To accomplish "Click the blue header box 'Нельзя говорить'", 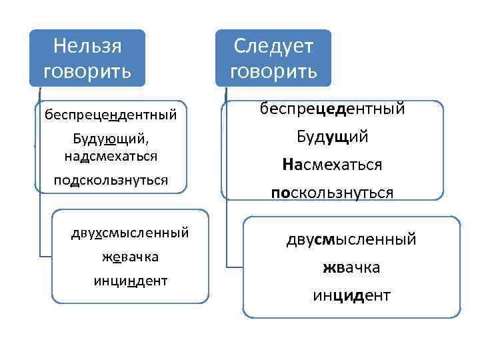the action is [87, 58].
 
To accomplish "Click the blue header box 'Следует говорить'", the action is [273, 58].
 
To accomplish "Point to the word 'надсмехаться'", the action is [111, 156].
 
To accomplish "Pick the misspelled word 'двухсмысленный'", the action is [130, 233].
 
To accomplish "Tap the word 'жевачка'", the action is [130, 257].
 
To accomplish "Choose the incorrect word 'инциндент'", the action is [130, 281].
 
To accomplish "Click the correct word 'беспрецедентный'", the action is [333, 109].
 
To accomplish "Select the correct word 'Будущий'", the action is [333, 137].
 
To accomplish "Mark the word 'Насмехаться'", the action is [333, 164].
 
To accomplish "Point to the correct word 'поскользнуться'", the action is [333, 192].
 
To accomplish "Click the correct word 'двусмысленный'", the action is [351, 239].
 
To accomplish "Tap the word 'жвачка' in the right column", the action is [351, 267].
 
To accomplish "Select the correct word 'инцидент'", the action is [351, 294].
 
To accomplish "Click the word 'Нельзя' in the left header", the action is [87, 46].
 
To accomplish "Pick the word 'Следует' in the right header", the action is [273, 46].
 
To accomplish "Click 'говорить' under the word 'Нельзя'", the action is [87, 71].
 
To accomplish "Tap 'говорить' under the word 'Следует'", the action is [273, 71].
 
